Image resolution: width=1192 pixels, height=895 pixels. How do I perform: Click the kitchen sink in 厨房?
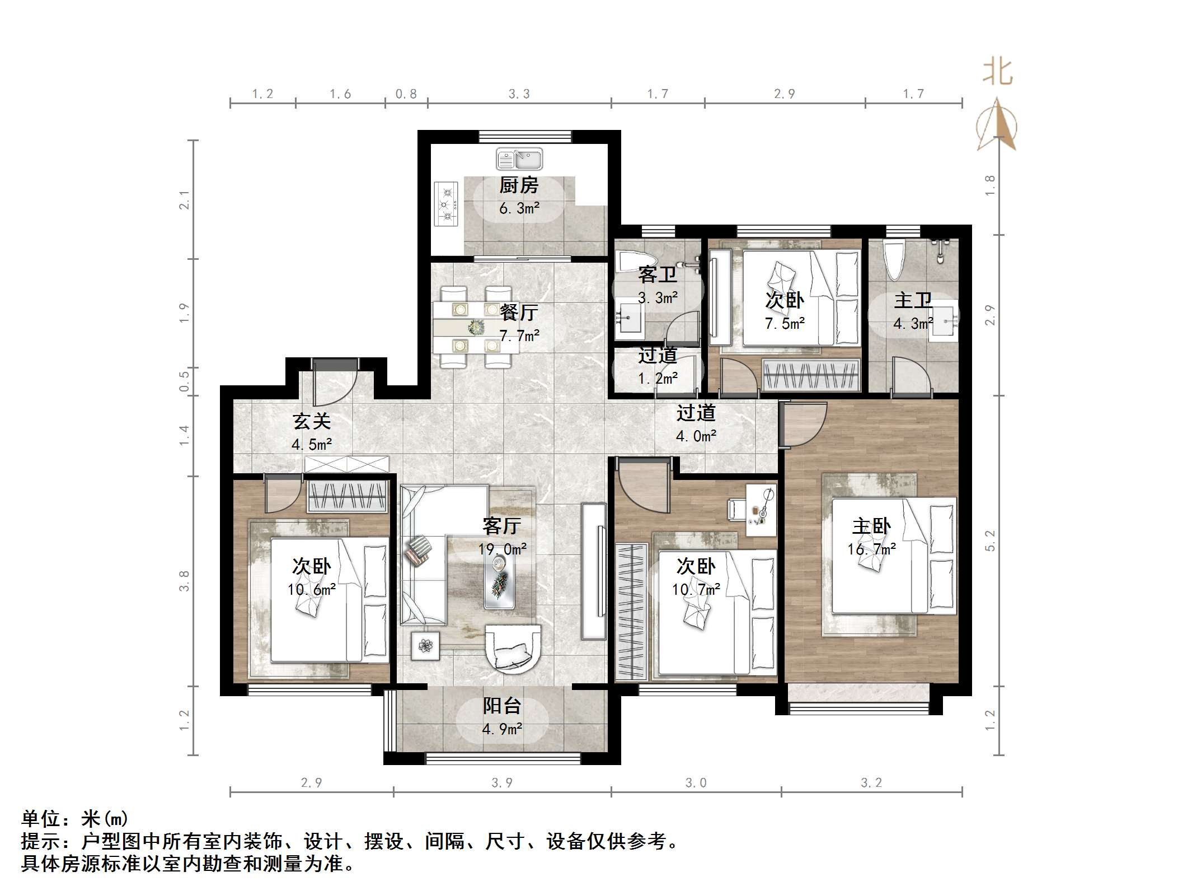(519, 159)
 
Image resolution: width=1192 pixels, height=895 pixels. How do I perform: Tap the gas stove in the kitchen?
(447, 203)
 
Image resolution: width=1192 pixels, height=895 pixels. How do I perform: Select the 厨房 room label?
(519, 185)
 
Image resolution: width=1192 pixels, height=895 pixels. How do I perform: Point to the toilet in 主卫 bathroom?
(893, 259)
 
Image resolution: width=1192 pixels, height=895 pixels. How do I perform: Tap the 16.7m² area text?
(871, 549)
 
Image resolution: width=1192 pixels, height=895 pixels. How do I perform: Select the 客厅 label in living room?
(501, 526)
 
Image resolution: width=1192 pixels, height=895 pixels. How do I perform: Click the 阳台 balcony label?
(501, 706)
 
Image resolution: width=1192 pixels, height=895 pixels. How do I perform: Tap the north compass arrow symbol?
(996, 125)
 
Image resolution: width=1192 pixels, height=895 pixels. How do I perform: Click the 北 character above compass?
(998, 73)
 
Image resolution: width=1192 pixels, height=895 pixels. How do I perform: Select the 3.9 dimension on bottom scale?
(501, 782)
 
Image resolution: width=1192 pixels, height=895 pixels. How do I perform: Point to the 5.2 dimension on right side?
(990, 540)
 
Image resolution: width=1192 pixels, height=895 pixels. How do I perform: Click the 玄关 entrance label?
(312, 421)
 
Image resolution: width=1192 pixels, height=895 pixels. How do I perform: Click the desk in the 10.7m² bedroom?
(761, 510)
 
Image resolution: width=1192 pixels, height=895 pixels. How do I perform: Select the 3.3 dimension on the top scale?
(519, 94)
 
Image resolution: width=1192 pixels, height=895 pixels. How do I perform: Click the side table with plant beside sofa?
(425, 646)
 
